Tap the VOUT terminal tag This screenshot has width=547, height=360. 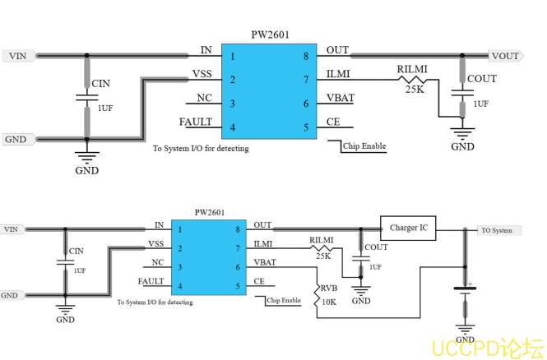[505, 56]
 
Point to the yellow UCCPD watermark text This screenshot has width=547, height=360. [486, 348]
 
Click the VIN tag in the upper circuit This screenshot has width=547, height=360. [17, 57]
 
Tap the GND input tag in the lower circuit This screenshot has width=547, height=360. [10, 295]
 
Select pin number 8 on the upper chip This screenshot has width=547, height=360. [305, 56]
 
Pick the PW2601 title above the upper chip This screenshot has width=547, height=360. [270, 35]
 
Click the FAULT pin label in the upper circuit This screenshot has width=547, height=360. [196, 122]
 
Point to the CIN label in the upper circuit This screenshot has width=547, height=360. [100, 84]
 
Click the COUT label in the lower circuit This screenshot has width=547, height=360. [376, 247]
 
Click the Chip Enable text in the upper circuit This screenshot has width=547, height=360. [365, 146]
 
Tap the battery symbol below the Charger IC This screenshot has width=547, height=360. [465, 289]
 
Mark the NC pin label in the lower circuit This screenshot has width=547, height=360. [157, 263]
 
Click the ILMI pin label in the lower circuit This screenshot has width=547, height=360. [263, 244]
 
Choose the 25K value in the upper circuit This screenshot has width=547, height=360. [415, 89]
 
